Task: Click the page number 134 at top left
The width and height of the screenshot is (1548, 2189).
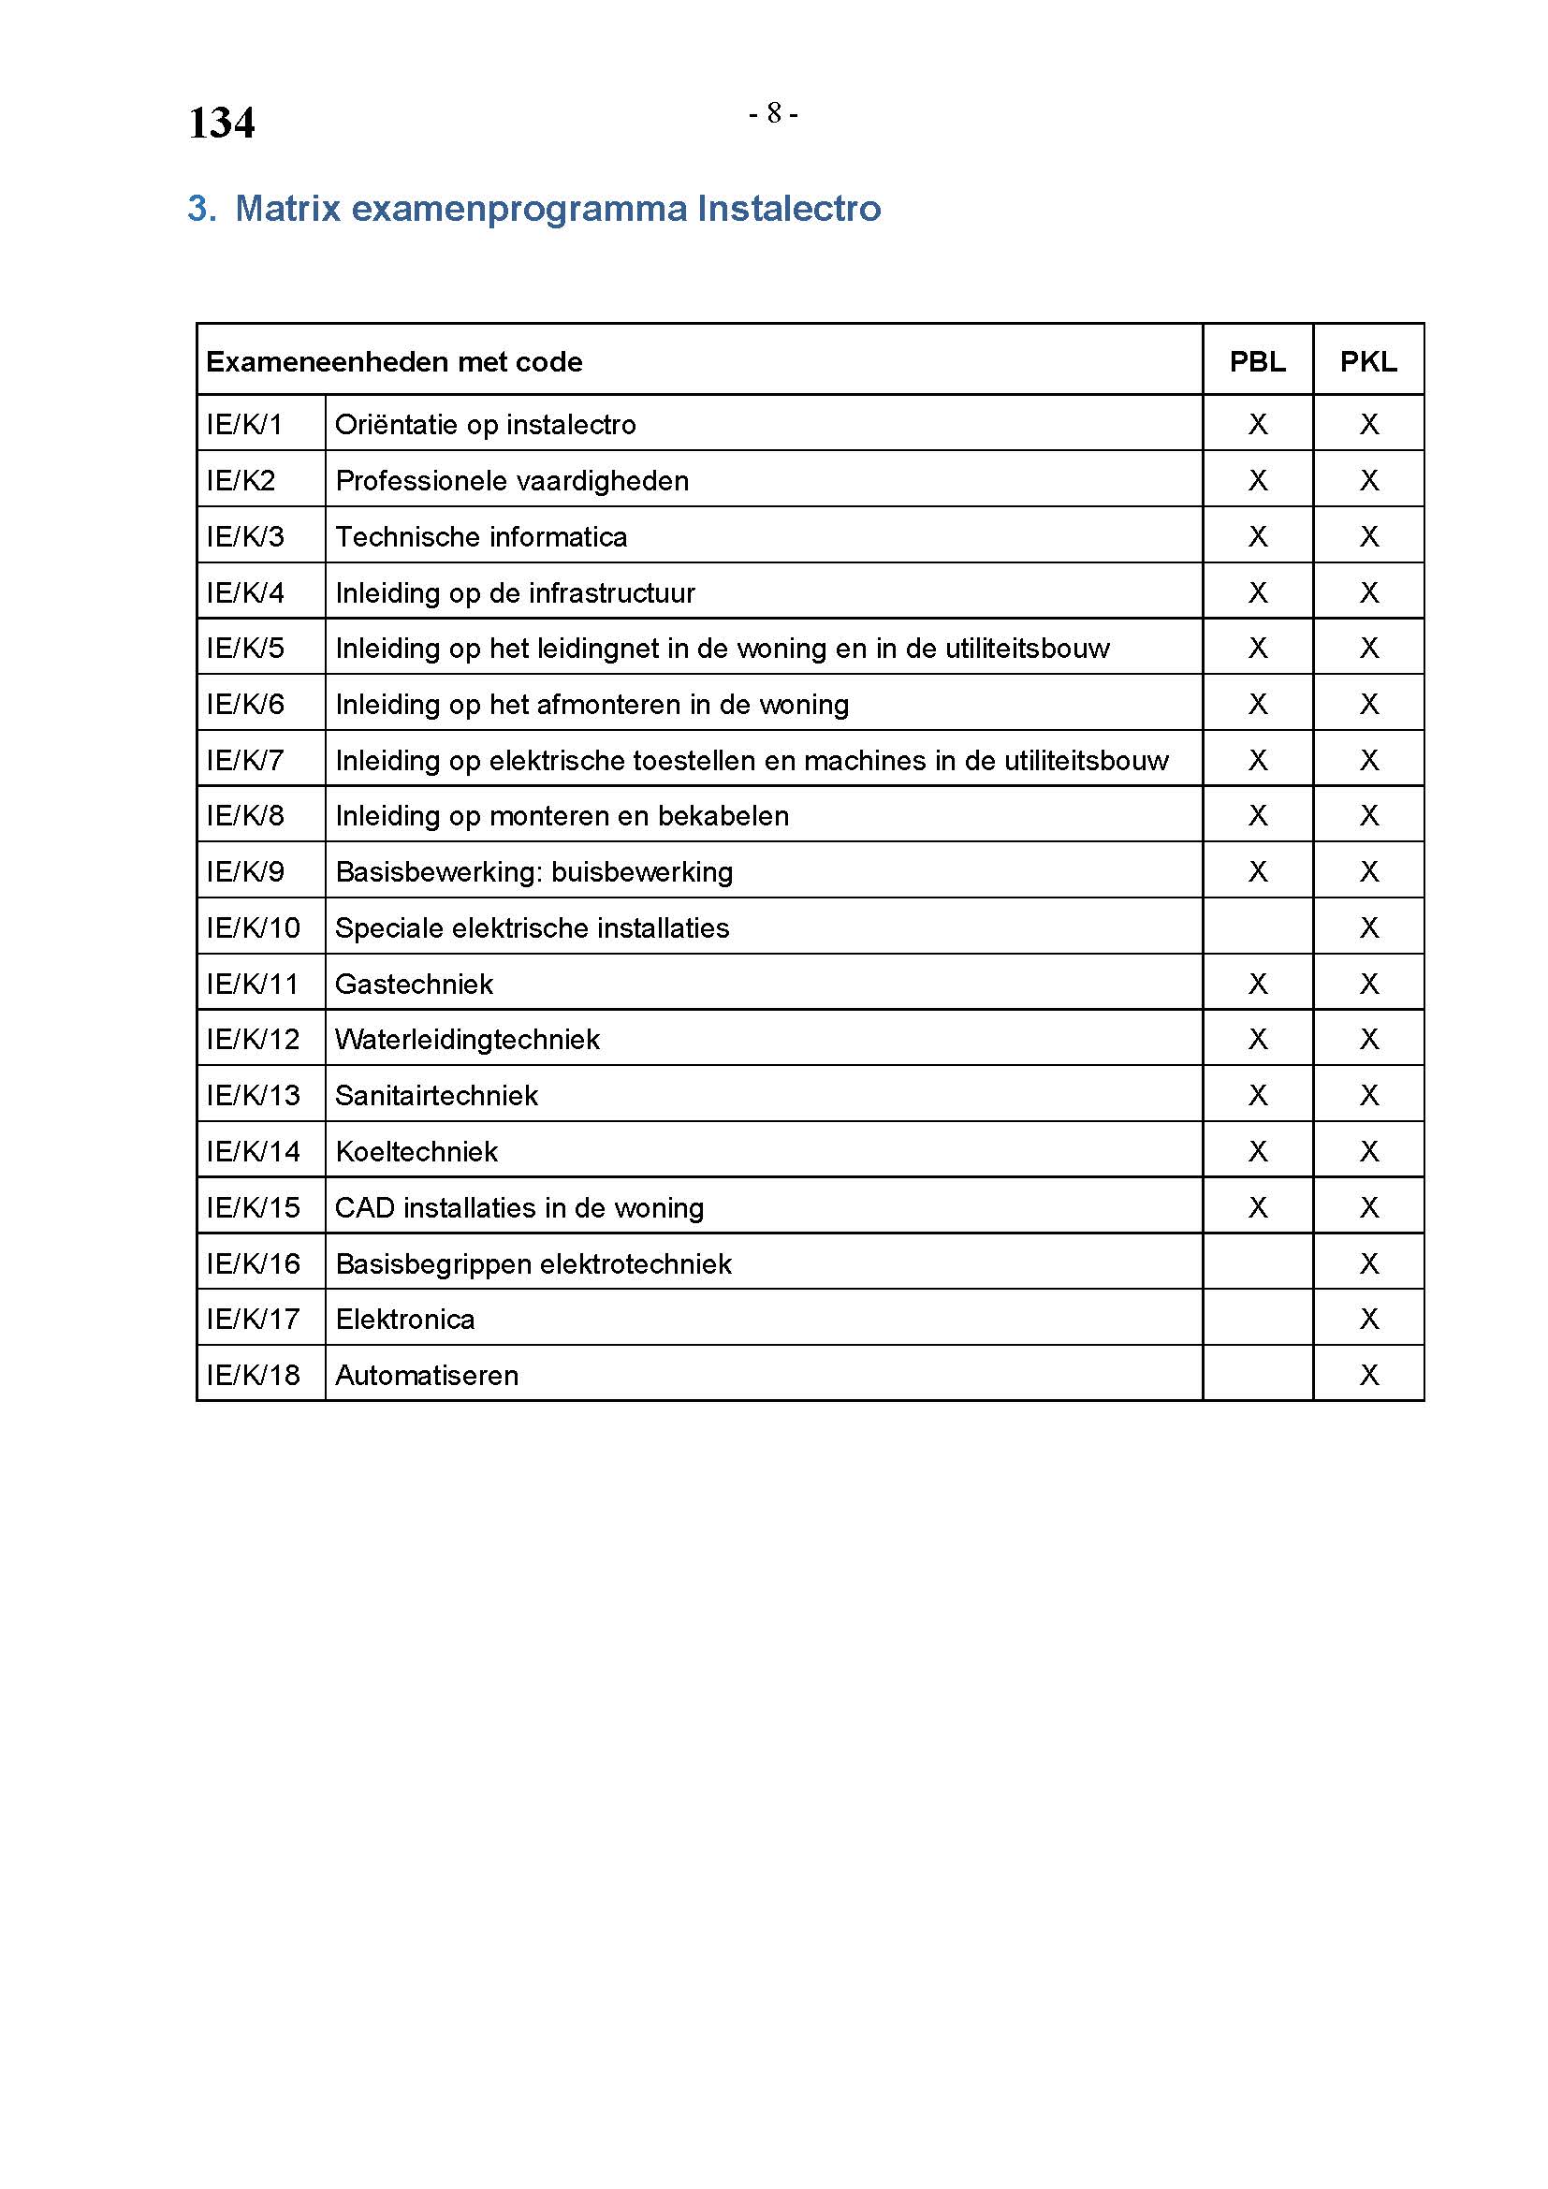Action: [221, 123]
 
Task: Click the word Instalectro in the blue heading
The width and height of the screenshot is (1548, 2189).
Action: [788, 209]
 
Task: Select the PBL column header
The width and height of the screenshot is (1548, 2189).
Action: [1257, 362]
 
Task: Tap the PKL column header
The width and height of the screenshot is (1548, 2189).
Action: [1368, 362]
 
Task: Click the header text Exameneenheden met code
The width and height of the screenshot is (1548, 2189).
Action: [394, 362]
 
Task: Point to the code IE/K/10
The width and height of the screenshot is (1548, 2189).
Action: [253, 927]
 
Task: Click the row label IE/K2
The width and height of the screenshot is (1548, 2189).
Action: [241, 480]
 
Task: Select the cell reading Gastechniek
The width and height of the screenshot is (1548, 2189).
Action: [414, 984]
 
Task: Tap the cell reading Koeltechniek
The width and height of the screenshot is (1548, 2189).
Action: [416, 1152]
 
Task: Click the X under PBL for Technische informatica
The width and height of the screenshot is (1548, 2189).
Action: [1257, 537]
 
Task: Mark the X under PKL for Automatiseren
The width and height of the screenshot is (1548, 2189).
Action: [1369, 1375]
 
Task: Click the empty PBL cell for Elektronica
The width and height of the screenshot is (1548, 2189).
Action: [1257, 1319]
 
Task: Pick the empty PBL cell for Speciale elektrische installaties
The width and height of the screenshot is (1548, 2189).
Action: [1257, 927]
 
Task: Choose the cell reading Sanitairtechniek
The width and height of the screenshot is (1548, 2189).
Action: [436, 1096]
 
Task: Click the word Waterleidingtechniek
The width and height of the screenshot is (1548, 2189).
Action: [467, 1039]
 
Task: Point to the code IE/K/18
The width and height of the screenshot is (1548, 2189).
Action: [253, 1375]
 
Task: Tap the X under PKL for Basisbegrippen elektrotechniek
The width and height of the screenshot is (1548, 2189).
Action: [1369, 1263]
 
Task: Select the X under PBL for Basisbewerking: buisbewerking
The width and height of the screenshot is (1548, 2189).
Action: [1257, 871]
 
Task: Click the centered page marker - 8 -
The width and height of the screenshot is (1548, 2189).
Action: [773, 114]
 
